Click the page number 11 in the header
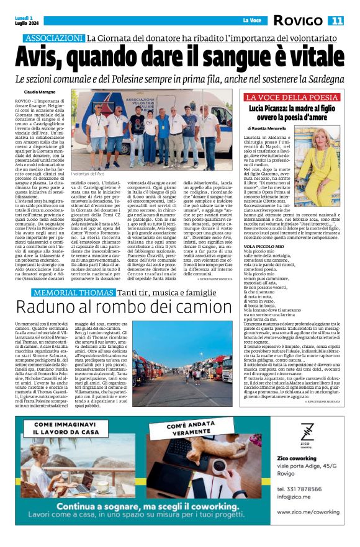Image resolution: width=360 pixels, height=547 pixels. [x=336, y=21]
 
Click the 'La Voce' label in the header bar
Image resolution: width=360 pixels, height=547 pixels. [x=252, y=21]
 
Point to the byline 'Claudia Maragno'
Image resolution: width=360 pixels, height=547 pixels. [x=38, y=91]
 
